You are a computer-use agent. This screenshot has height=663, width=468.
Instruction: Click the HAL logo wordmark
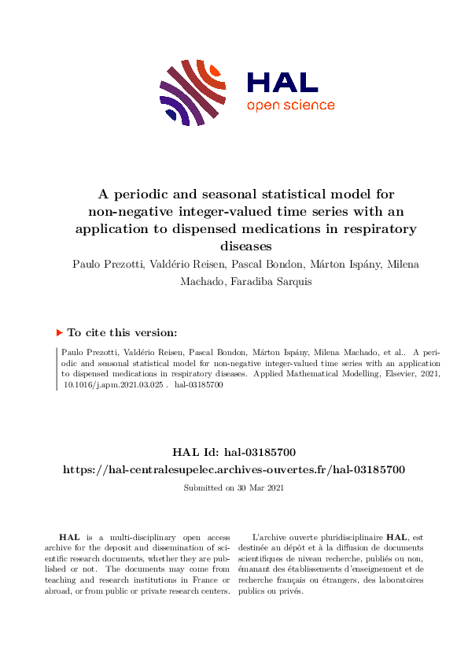[x=282, y=83]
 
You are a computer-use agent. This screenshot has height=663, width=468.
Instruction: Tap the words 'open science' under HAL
[x=290, y=106]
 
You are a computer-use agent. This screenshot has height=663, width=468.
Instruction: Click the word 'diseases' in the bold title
[x=234, y=246]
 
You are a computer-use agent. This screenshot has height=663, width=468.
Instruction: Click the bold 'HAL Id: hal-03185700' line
[x=234, y=452]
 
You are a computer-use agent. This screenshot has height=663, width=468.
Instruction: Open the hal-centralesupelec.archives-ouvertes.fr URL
[x=234, y=469]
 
